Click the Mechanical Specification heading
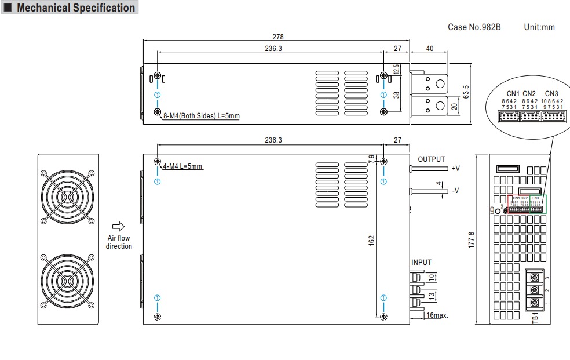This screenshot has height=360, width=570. coord(75,8)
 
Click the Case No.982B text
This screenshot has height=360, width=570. coord(474,27)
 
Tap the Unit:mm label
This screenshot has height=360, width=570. coord(539,27)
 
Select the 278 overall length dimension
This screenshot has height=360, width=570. coord(278,37)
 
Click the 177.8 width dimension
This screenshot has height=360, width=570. coord(471,239)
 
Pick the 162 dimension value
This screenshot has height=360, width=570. coord(371,239)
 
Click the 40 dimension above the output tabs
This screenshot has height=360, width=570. coord(429,49)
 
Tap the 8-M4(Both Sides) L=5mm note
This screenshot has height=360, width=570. coord(201,116)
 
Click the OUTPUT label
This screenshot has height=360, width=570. coord(432,159)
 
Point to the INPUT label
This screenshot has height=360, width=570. coord(422,262)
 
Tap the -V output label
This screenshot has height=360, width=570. coord(455,190)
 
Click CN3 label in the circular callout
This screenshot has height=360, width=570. coord(551,93)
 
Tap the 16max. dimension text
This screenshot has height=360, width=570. coord(437,315)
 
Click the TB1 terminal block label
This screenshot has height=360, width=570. coord(536,318)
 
